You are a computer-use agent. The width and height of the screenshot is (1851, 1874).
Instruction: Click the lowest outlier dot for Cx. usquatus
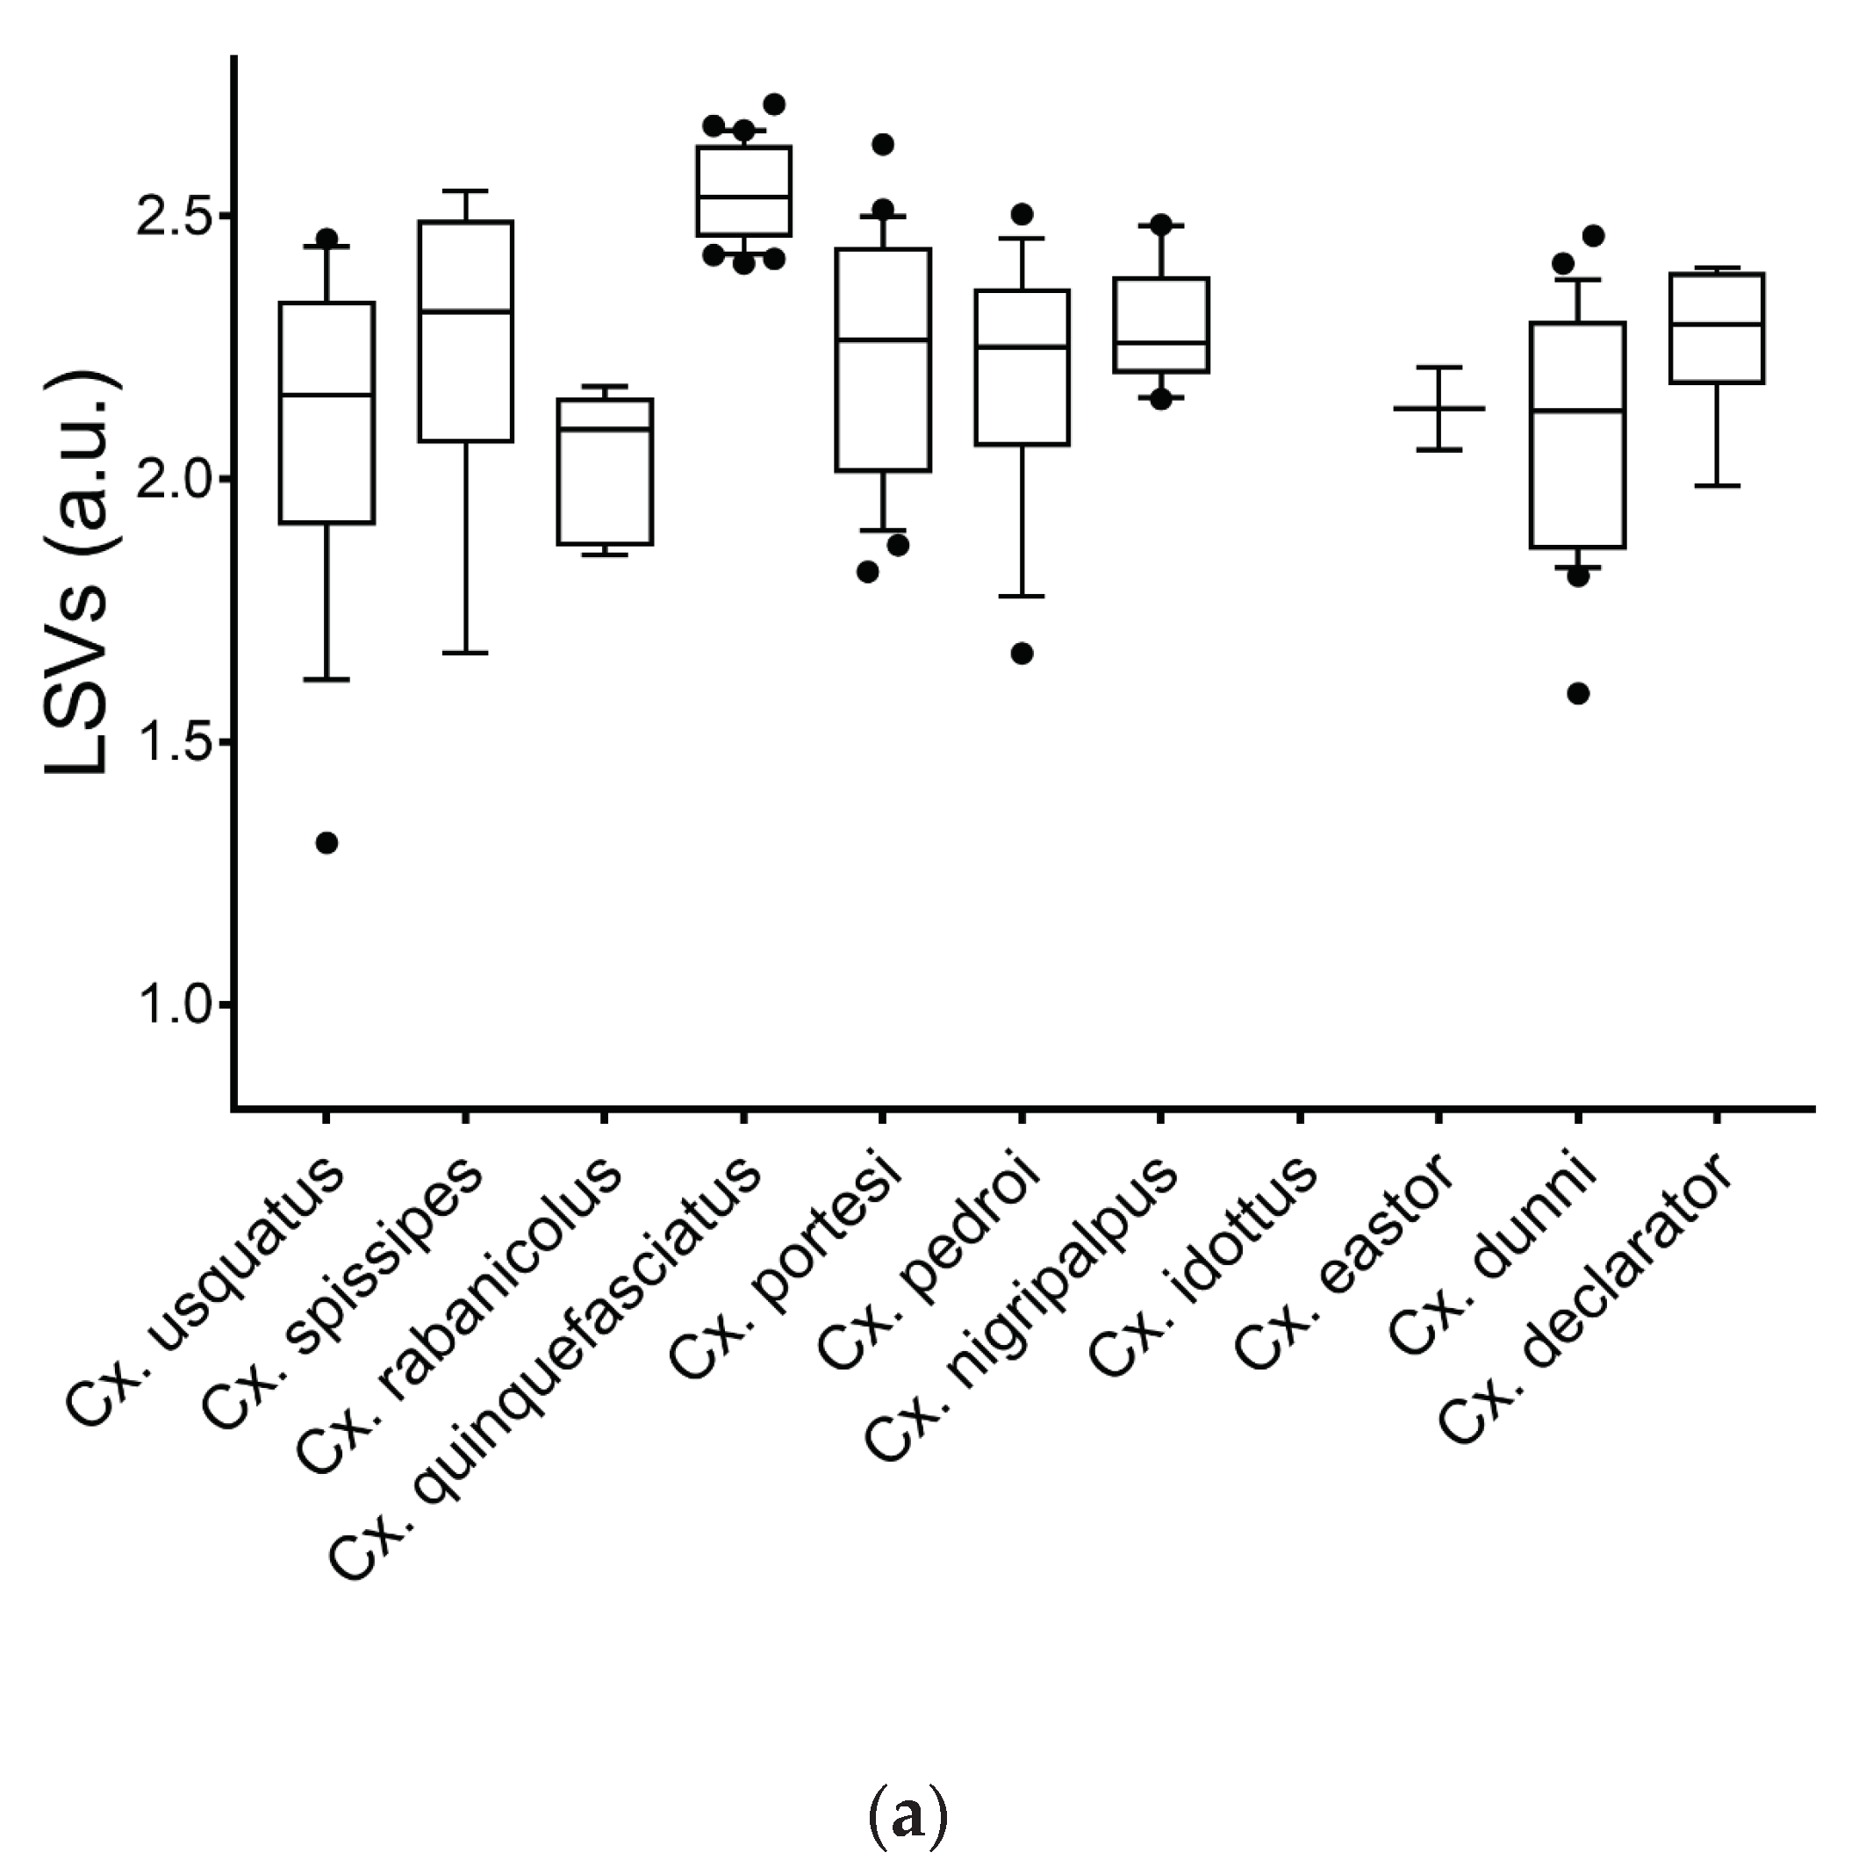327,843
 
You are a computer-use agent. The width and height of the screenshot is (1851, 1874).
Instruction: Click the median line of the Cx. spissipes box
466,311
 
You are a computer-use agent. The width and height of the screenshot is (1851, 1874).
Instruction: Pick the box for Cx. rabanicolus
604,471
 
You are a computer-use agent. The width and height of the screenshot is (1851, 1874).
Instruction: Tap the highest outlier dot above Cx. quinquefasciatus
774,104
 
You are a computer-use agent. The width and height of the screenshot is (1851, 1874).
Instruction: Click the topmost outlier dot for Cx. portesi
883,145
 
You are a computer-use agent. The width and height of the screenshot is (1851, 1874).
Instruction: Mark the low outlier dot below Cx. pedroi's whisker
1022,654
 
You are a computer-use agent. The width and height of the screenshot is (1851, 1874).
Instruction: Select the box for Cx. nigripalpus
1161,324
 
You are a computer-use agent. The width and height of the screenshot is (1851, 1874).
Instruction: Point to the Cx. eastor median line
1438,408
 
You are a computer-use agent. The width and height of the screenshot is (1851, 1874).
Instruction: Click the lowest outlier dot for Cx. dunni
1578,693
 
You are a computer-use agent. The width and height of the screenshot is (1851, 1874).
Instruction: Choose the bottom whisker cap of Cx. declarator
1717,485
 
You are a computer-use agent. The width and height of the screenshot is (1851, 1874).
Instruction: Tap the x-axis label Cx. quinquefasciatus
543,1368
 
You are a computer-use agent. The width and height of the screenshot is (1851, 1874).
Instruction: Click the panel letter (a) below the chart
906,1817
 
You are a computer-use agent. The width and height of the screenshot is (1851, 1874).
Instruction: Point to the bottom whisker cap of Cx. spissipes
466,653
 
